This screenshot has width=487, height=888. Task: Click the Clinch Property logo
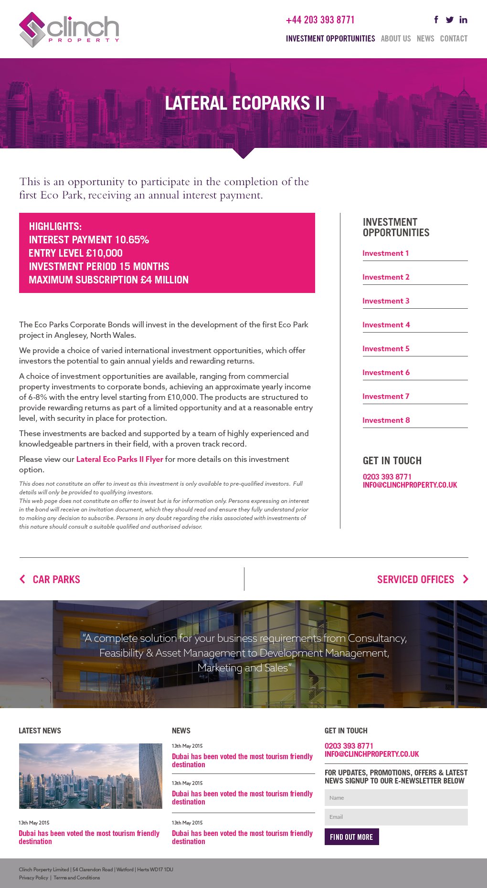[x=69, y=30]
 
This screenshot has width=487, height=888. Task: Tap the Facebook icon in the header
[x=436, y=20]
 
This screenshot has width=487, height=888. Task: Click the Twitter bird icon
[x=449, y=20]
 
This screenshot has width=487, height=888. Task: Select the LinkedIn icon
[x=463, y=20]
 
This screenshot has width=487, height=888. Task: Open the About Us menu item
[x=395, y=39]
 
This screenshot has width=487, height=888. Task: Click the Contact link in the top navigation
[x=454, y=39]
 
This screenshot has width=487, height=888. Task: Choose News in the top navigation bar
[x=425, y=39]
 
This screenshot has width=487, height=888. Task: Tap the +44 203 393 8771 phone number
[x=320, y=20]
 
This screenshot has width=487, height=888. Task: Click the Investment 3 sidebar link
[x=386, y=301]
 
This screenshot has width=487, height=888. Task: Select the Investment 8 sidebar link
[x=386, y=420]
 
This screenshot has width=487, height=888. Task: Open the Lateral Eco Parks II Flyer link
[x=119, y=459]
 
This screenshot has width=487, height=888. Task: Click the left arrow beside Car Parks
[x=22, y=579]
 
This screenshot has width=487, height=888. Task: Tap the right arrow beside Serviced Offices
[x=466, y=579]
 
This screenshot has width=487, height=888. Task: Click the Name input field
[x=396, y=798]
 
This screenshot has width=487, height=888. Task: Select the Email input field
[x=396, y=817]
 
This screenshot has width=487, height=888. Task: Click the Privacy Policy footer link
[x=33, y=878]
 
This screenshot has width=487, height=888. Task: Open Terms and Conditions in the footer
[x=76, y=878]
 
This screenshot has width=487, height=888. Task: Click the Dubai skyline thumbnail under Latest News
[x=90, y=776]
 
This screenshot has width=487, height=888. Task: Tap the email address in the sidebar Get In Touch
[x=410, y=485]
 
